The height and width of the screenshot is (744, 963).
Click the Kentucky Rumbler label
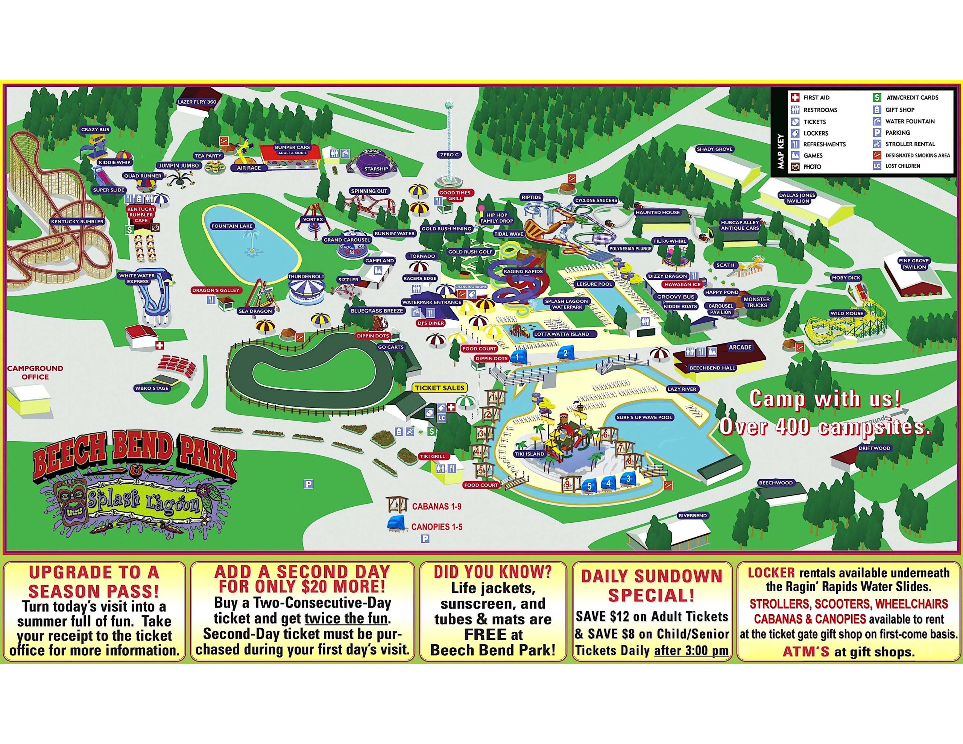[77, 222]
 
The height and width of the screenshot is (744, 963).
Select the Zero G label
[449, 155]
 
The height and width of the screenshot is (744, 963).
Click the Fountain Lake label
[232, 226]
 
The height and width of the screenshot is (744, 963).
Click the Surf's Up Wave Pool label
[644, 417]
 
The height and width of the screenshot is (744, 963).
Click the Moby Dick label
[846, 278]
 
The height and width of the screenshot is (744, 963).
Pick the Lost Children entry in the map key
[902, 166]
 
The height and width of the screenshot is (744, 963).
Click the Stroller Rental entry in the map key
[909, 144]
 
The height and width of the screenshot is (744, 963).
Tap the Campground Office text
[35, 372]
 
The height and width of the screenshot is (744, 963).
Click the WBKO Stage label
[152, 389]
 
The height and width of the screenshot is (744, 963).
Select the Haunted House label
[658, 212]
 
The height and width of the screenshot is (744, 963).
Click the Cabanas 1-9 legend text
[436, 506]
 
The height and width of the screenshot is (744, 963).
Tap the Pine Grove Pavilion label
[914, 264]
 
